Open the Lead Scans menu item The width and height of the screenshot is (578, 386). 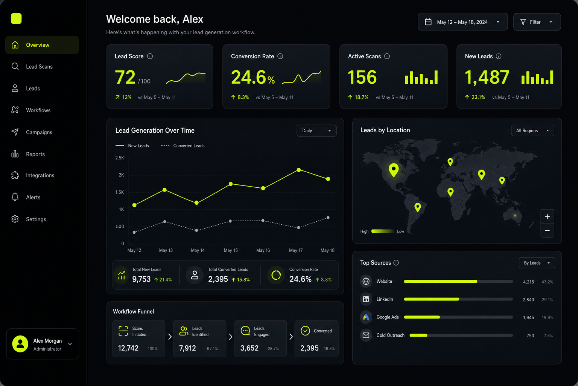coord(39,67)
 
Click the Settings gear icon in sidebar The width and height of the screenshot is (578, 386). coord(15,219)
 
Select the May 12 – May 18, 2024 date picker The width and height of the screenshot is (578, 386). coord(462,22)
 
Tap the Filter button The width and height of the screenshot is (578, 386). coord(537,22)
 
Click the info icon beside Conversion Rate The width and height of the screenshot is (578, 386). coord(280,57)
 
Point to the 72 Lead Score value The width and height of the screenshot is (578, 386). coord(125,77)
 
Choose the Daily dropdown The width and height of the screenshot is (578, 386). coord(316,130)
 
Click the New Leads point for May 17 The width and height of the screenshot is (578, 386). coord(298,170)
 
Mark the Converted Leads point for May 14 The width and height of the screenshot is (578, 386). coord(197,230)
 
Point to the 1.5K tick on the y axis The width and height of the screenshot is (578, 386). coord(119,192)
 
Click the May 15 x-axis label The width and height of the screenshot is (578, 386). coord(231,250)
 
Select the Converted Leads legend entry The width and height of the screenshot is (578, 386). coord(183,146)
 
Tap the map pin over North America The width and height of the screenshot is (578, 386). coord(394,170)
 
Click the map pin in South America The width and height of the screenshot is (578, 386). coord(417,207)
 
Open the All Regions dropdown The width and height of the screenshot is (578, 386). coord(532,130)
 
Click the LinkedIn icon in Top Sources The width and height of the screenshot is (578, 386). coord(366,299)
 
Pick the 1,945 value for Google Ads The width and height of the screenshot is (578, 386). coord(528,317)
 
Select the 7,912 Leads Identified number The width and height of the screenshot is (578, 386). coord(187,348)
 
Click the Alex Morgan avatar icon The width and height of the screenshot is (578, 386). coord(20,344)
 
